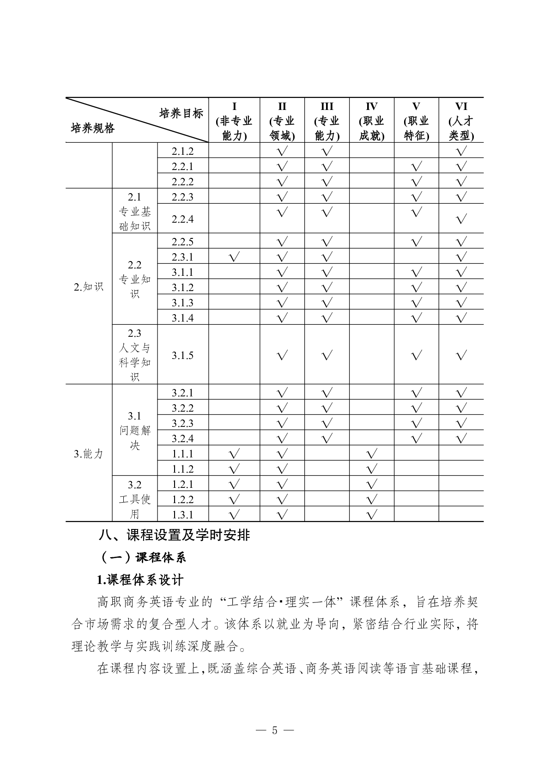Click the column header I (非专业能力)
234,121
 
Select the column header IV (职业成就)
371,121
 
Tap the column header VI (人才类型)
461,121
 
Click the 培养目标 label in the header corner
181,113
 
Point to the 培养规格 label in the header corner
92,128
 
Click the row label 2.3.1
182,257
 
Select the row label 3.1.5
182,355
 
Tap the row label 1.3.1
182,515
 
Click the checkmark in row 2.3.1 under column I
234,257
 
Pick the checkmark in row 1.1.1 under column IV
371,454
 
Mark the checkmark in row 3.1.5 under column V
416,355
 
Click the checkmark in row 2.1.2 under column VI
461,151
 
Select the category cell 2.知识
89,287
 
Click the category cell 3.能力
89,454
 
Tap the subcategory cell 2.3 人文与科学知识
134,355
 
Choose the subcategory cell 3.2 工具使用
134,499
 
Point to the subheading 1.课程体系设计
140,579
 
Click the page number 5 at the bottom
275,730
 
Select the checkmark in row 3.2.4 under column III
326,438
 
